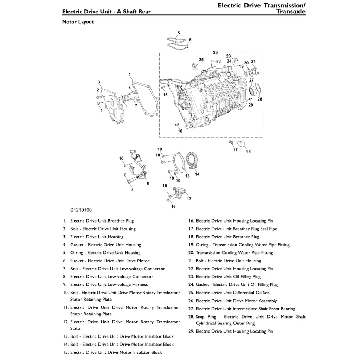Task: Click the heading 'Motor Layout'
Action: [x=78, y=22]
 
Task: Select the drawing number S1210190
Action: [x=81, y=210]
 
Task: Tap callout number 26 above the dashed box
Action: [x=216, y=52]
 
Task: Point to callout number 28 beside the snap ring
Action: [x=260, y=99]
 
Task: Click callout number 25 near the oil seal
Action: [x=201, y=60]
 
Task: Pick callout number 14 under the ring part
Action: [x=197, y=174]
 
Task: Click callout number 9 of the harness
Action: [x=148, y=183]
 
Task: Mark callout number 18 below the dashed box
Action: [x=248, y=152]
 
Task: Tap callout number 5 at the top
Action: [x=179, y=33]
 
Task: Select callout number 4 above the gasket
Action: [x=130, y=75]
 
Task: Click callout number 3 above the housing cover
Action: [x=99, y=82]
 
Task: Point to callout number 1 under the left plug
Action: [x=101, y=110]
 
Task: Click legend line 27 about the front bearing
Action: [x=245, y=309]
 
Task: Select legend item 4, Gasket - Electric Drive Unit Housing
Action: [x=105, y=245]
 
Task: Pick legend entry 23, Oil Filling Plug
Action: [x=228, y=277]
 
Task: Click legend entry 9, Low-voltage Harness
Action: [x=109, y=284]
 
